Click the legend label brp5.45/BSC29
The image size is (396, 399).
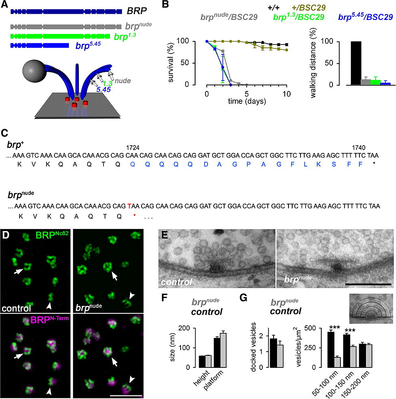365,17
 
